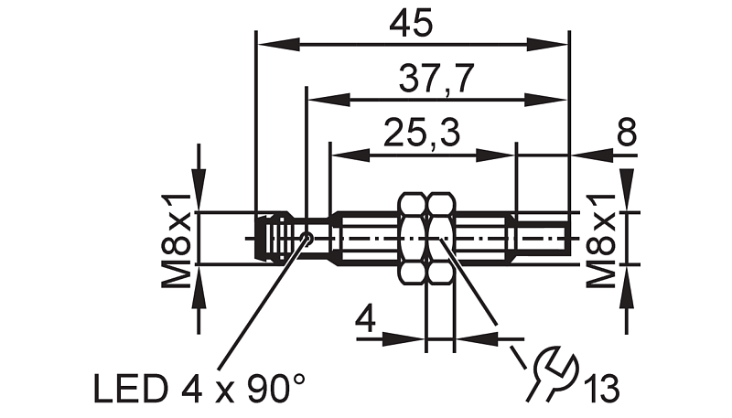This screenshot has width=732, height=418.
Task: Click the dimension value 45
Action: pos(411,25)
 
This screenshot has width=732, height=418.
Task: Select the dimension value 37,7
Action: pos(436,79)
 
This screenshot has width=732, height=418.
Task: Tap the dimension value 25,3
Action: pos(422,134)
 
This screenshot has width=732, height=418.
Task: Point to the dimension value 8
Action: pos(627,132)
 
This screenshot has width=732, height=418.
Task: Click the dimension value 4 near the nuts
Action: pos(365,319)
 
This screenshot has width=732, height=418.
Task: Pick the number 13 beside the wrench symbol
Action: pos(603,388)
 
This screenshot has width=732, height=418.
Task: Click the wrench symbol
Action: pos(554,372)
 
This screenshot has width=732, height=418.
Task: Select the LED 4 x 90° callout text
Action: pos(199,388)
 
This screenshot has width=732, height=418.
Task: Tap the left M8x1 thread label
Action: pos(177,241)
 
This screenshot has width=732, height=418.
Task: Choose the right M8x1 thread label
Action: pos(601,241)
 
